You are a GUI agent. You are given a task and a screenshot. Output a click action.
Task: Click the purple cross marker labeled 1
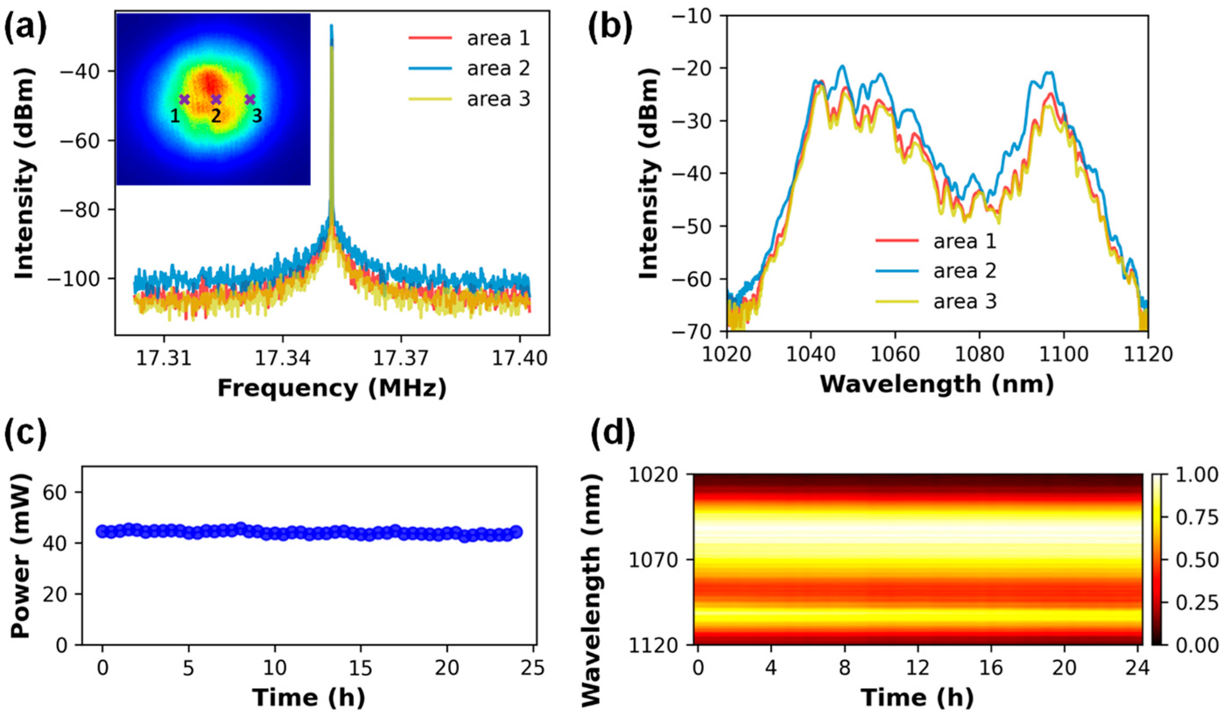tap(184, 99)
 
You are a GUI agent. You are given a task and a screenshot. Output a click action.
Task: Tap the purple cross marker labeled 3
tap(249, 99)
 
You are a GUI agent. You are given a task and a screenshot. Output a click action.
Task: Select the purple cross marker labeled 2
tap(216, 99)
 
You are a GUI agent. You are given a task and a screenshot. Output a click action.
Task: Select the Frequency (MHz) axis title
tap(332, 388)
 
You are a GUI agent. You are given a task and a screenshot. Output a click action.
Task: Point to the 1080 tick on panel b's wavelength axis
tap(979, 354)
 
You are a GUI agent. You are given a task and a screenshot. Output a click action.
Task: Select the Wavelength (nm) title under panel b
tap(937, 384)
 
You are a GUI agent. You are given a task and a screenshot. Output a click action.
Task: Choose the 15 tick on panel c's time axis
tap(361, 668)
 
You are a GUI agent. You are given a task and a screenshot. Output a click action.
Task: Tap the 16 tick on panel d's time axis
tap(991, 668)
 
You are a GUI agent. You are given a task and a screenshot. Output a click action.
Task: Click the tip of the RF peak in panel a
tap(332, 25)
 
